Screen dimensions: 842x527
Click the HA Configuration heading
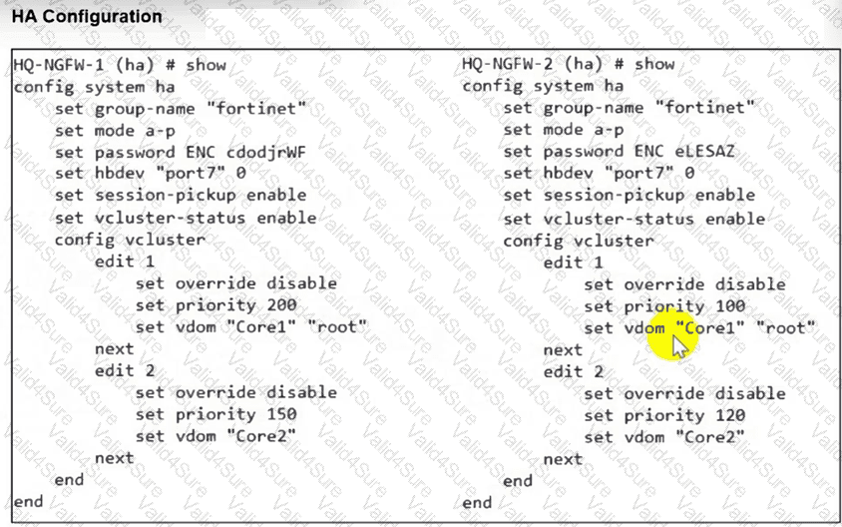click(x=87, y=17)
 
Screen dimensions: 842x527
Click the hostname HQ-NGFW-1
click(x=58, y=65)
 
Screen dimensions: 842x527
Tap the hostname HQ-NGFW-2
click(x=507, y=64)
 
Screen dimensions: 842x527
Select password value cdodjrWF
click(x=265, y=152)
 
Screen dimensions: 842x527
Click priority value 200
click(x=281, y=305)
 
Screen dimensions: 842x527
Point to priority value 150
click(x=281, y=414)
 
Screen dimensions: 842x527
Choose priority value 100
click(x=730, y=306)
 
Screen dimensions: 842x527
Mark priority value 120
click(x=730, y=415)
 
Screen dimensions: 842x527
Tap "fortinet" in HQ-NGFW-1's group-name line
click(x=256, y=108)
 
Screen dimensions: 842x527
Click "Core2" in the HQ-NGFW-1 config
click(x=261, y=436)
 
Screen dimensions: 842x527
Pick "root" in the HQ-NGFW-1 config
click(x=336, y=326)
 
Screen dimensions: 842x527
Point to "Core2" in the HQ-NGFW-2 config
click(x=710, y=437)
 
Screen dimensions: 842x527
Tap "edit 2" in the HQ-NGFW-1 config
click(x=125, y=370)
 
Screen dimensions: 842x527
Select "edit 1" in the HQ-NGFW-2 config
click(x=573, y=263)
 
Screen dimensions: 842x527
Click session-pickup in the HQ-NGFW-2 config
click(x=614, y=195)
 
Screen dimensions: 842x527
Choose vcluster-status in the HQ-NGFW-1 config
click(x=170, y=218)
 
